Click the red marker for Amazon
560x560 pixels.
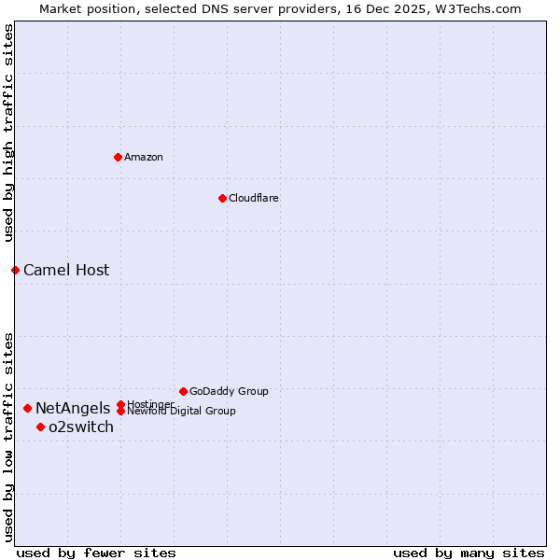[118, 157]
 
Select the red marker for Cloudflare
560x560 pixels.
[222, 198]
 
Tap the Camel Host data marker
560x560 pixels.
[15, 270]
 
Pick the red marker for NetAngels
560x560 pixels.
[27, 408]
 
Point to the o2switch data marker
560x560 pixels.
[40, 427]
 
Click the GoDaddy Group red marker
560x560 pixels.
[183, 391]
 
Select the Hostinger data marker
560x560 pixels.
[120, 404]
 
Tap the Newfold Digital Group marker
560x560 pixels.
[120, 412]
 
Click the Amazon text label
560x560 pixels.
[144, 157]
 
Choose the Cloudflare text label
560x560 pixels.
[254, 198]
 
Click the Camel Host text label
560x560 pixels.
[66, 271]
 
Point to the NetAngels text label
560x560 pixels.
[73, 408]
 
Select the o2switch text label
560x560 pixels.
[81, 427]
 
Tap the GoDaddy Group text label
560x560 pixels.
[229, 391]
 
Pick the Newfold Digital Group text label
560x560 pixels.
[182, 412]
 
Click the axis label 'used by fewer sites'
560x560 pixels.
[96, 553]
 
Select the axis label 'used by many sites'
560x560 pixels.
[469, 553]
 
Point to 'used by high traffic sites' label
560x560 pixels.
[8, 133]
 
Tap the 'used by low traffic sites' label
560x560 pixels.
[8, 436]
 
